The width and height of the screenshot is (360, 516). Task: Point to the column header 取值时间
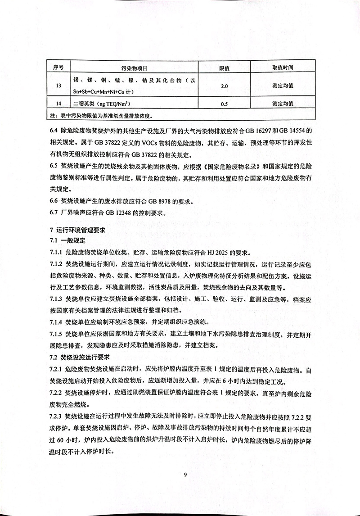283,68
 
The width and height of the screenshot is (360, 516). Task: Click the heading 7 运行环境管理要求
74,229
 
